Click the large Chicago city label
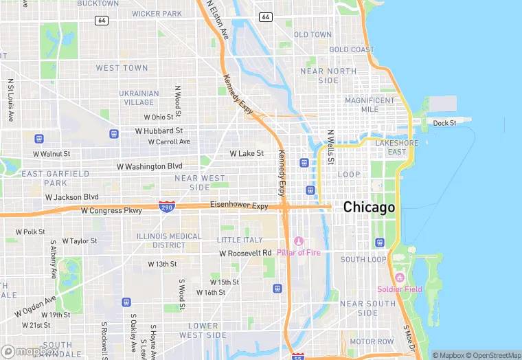(369, 207)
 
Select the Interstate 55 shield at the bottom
(297, 356)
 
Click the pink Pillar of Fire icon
(298, 241)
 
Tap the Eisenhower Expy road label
(239, 205)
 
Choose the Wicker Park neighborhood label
(157, 14)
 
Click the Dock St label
(444, 123)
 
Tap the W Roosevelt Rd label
(245, 253)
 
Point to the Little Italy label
(240, 240)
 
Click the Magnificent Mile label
(370, 104)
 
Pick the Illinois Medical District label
(169, 240)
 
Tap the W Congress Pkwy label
(111, 211)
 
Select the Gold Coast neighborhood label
(352, 49)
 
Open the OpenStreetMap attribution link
(492, 355)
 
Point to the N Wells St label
(330, 147)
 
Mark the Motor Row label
(372, 341)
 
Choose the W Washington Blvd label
(150, 166)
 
